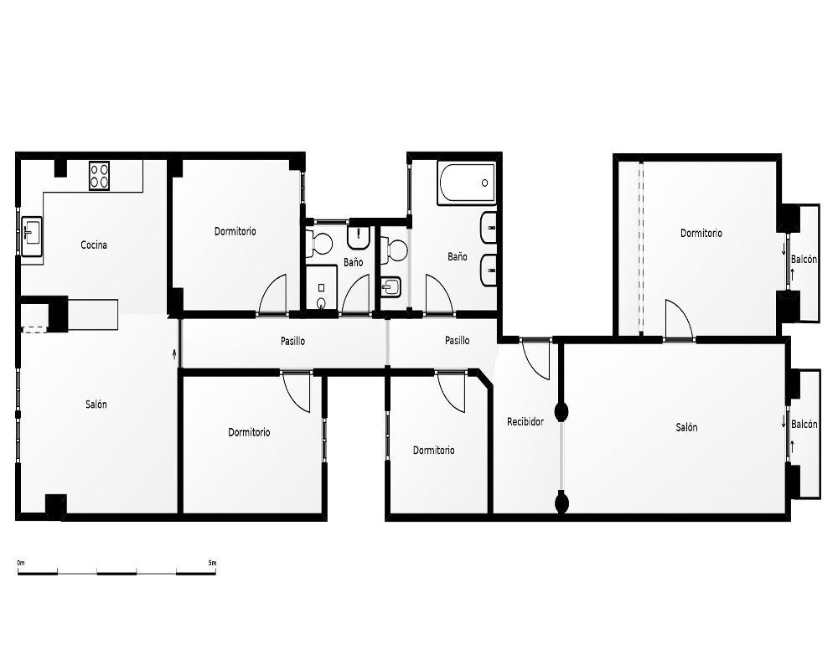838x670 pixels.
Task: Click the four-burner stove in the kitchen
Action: (x=100, y=175)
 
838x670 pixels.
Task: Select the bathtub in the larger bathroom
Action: (x=467, y=183)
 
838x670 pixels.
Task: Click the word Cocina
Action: (x=94, y=245)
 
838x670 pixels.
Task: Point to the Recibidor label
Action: (x=525, y=422)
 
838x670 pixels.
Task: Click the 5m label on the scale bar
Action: (x=212, y=563)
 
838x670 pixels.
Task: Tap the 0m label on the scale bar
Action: (x=21, y=563)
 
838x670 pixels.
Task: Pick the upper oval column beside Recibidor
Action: (x=561, y=412)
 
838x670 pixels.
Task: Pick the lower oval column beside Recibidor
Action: (x=561, y=503)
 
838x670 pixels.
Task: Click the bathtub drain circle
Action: (x=484, y=183)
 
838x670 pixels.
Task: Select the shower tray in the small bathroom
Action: (x=321, y=288)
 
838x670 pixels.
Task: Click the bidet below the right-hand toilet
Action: (x=391, y=287)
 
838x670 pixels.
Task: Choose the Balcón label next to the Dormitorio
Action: (x=804, y=259)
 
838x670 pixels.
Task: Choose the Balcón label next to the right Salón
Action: (x=804, y=425)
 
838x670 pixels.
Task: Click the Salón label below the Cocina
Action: (x=96, y=405)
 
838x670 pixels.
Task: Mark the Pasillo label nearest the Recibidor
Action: (x=458, y=340)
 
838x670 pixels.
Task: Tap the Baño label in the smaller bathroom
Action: (x=354, y=262)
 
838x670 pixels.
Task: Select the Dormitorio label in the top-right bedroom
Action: (x=701, y=233)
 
